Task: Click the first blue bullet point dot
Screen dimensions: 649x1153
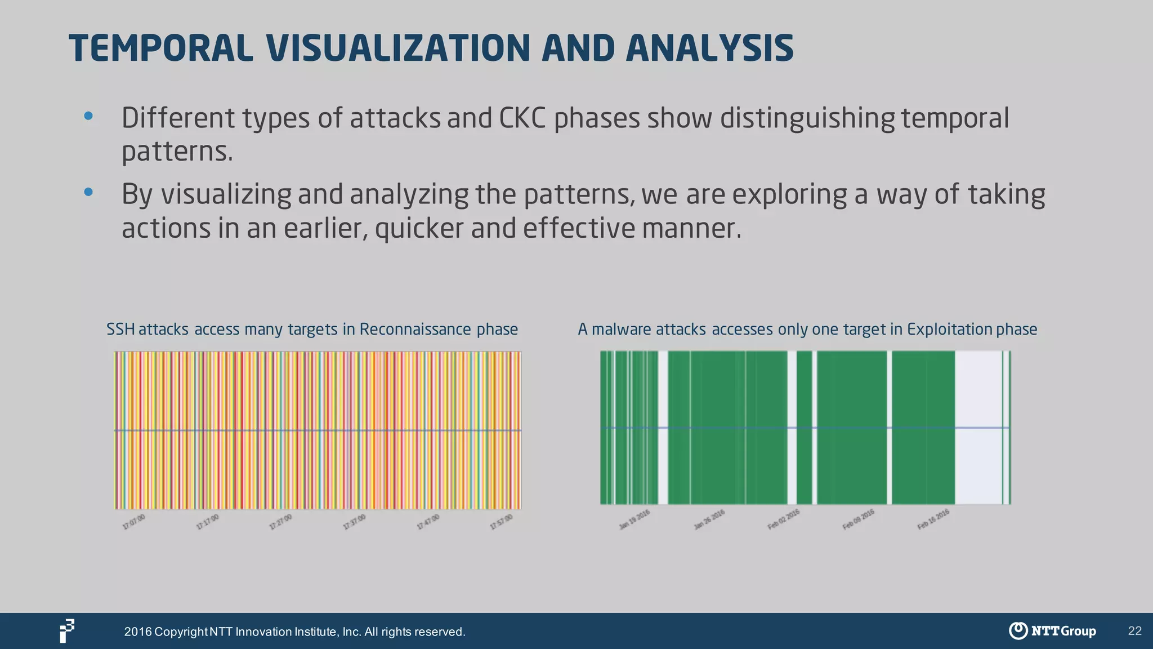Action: pos(88,117)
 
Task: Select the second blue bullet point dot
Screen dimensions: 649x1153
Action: pos(88,192)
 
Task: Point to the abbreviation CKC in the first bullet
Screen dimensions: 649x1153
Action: pos(522,118)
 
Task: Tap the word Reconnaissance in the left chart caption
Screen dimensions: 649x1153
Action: pos(415,329)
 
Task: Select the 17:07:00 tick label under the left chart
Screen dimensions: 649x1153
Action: pos(134,522)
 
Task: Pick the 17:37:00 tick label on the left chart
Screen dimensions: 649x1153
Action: pos(354,522)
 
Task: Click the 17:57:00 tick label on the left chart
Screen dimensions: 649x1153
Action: pos(501,522)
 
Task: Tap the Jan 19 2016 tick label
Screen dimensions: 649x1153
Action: pos(634,519)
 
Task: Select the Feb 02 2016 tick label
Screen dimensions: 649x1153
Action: pos(783,519)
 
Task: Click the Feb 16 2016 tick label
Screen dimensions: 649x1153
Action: pos(933,519)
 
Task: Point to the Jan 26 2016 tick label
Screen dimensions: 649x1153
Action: pos(709,519)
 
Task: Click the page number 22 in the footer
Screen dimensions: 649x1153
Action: pos(1134,631)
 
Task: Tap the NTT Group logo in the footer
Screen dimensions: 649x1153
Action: pos(1052,631)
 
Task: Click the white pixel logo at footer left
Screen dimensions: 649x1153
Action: pos(67,630)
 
